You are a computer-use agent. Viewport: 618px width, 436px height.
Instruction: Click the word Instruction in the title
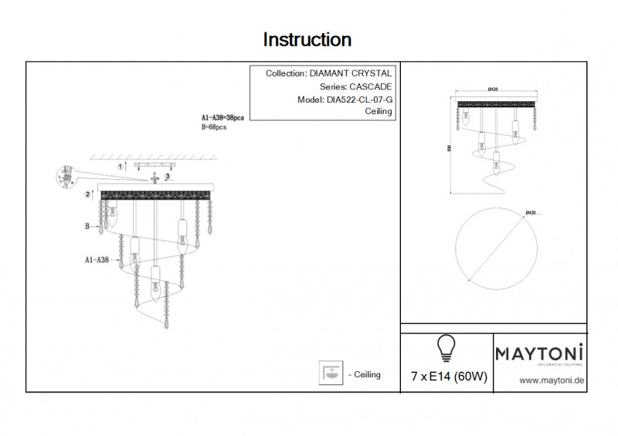tap(307, 39)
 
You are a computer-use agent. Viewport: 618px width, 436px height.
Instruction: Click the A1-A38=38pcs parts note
tap(222, 118)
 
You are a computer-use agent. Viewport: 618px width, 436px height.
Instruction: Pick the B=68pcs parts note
tap(213, 127)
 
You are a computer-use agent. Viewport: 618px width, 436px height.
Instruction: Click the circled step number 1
tap(120, 166)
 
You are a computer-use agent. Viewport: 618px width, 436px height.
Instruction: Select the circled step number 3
tap(167, 177)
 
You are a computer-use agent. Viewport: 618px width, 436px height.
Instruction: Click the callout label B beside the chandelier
tap(87, 227)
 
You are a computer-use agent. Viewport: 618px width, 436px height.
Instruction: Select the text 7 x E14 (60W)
tap(449, 377)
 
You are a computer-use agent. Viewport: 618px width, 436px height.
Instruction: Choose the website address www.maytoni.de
tap(550, 380)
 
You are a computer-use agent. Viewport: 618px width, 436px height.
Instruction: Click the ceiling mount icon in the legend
tap(331, 373)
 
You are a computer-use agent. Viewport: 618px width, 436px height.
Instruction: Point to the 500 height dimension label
tap(448, 149)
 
